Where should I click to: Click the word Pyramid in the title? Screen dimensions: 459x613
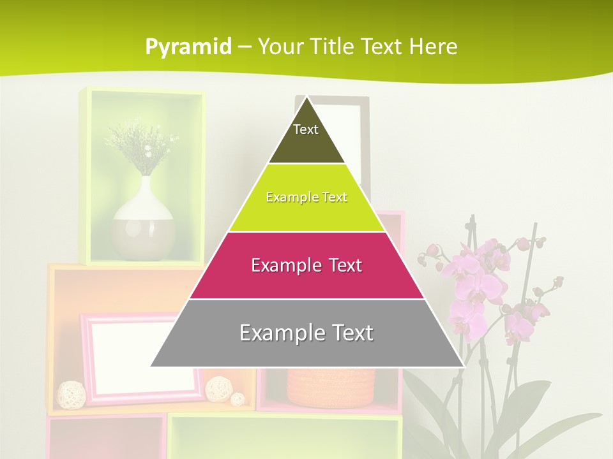click(x=188, y=47)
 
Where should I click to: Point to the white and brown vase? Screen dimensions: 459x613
click(x=143, y=223)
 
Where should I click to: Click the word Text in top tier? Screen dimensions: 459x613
click(x=306, y=129)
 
